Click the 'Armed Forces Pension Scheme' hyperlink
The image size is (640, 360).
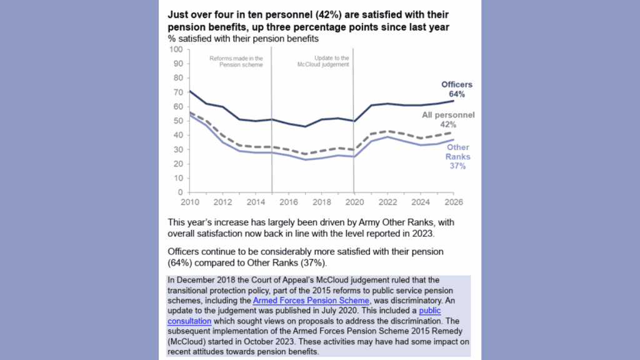click(311, 301)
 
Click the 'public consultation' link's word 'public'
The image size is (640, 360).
click(430, 311)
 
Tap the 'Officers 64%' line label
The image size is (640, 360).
click(457, 89)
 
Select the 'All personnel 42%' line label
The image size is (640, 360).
click(448, 119)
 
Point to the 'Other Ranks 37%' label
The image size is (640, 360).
click(457, 156)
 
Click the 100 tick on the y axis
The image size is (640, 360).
click(176, 49)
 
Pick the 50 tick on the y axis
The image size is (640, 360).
click(178, 121)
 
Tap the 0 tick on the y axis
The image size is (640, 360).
click(181, 192)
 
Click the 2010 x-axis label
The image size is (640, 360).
click(190, 202)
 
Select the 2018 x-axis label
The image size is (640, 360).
click(322, 202)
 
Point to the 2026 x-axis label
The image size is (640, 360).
click(454, 202)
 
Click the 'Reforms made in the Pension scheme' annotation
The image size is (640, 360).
click(236, 62)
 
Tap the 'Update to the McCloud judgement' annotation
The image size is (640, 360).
click(323, 61)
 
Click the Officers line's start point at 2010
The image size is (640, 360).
click(190, 91)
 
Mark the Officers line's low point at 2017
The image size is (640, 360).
click(305, 126)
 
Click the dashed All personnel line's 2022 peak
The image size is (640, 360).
click(387, 131)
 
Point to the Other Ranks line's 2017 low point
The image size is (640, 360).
click(305, 159)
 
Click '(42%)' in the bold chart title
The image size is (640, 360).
click(328, 15)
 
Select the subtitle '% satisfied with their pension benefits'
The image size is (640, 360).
click(243, 39)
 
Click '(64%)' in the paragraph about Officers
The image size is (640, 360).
click(180, 263)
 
